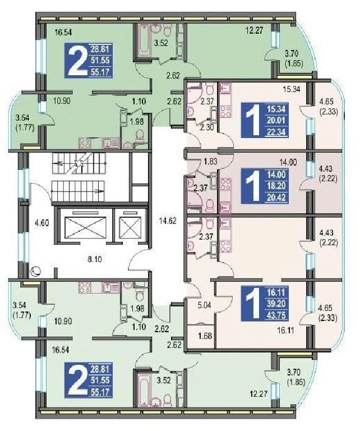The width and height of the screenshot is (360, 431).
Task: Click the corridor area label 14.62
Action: click(x=167, y=221)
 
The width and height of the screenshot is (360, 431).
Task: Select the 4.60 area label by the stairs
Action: click(x=41, y=222)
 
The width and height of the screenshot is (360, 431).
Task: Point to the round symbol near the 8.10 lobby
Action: click(x=36, y=272)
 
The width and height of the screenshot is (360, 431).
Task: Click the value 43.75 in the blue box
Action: click(x=276, y=315)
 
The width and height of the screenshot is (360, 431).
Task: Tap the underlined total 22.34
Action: click(x=276, y=132)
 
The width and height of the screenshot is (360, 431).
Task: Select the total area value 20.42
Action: click(x=276, y=198)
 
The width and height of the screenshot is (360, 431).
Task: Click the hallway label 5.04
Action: click(x=204, y=305)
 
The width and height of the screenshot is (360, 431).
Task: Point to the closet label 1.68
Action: click(x=205, y=336)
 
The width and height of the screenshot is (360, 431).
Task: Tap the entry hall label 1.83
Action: click(x=210, y=162)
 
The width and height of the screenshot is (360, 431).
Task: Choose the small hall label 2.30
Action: click(x=206, y=127)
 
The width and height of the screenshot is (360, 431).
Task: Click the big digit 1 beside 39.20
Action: click(x=253, y=304)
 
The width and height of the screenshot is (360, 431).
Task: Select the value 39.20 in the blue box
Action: click(x=276, y=304)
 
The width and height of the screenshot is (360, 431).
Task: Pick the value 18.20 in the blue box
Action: click(x=276, y=186)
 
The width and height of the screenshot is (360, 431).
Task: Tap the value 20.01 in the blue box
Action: click(x=276, y=121)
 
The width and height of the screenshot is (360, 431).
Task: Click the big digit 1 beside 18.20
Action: click(x=253, y=186)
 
